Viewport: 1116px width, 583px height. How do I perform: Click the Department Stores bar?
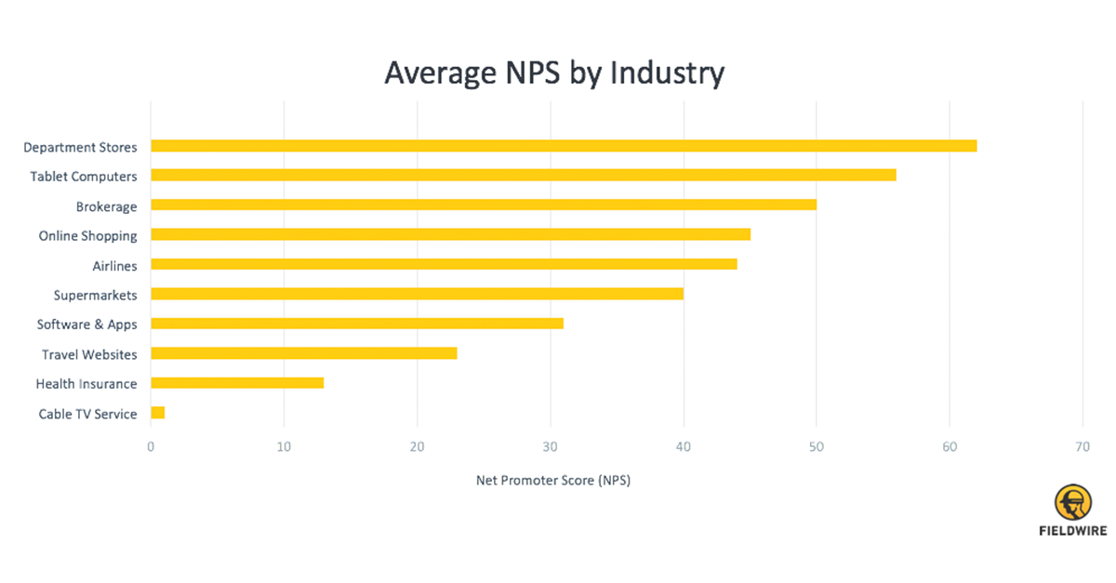tap(564, 146)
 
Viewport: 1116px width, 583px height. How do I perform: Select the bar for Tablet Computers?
tap(523, 175)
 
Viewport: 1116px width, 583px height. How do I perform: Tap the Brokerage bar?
tap(484, 205)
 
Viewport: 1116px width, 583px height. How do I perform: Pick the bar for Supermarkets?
tap(417, 294)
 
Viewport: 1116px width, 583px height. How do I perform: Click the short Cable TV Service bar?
tap(157, 413)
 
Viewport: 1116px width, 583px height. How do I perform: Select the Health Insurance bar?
tap(237, 383)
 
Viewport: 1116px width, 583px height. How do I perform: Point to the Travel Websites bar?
tap(303, 353)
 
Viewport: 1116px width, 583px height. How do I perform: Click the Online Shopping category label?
tap(87, 236)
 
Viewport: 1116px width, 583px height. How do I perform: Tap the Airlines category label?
tap(114, 266)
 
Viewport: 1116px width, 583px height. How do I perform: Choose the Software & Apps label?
tap(86, 325)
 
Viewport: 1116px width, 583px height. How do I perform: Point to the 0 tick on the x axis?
tap(151, 446)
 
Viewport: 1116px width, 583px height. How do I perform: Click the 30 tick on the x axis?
tap(551, 446)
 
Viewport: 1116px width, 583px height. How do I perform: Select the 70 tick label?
tap(1083, 446)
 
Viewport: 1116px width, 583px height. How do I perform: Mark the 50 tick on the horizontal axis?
tap(817, 446)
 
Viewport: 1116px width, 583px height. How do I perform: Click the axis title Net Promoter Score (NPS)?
tap(553, 481)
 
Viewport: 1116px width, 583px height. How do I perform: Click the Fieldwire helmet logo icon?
tap(1072, 503)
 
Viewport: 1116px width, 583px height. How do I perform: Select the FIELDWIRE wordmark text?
tap(1072, 532)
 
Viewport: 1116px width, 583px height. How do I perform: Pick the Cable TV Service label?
tap(87, 414)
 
